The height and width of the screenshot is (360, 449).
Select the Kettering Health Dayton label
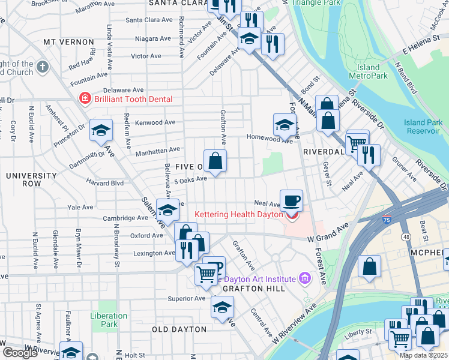coord(239,214)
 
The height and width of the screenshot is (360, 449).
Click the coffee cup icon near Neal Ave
coord(291,200)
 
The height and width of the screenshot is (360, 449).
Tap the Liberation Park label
coord(109,320)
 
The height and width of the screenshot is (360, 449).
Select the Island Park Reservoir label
coord(424,127)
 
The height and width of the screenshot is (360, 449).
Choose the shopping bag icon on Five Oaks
coord(215,161)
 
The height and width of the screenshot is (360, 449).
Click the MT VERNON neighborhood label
coord(69,43)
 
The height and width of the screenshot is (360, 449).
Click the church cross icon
coord(43,67)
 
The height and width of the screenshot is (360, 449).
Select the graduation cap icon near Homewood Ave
coord(285,125)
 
